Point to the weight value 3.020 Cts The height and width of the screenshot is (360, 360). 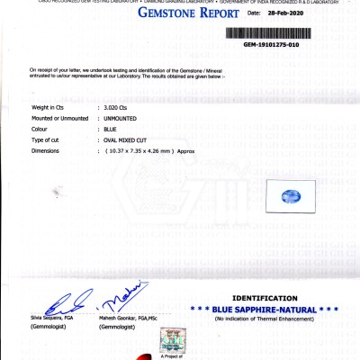[x=118, y=107]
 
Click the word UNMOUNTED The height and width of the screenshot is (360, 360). [x=123, y=118]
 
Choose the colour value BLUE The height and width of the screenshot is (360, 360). [x=111, y=129]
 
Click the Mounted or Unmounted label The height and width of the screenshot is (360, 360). [x=59, y=118]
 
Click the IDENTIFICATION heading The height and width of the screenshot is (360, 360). [x=264, y=299]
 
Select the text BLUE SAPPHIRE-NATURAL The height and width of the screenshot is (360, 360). [x=265, y=310]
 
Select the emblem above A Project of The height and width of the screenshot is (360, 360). [x=169, y=340]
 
